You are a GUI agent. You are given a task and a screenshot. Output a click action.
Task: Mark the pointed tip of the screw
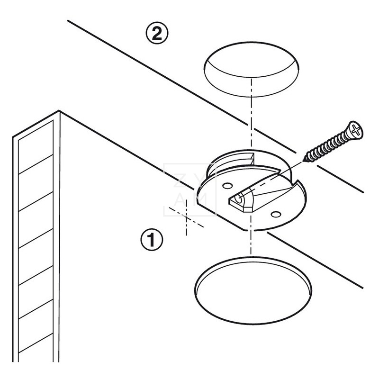tap(304, 159)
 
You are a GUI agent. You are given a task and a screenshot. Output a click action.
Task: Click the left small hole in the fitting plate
tap(226, 184)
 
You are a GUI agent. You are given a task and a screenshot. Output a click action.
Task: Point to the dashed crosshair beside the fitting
tap(187, 217)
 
